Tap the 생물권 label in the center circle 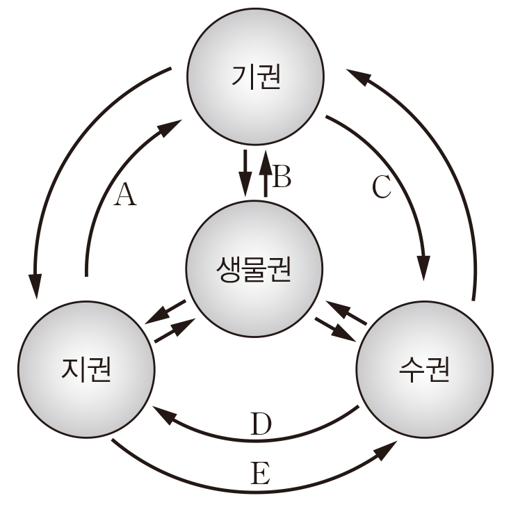click(254, 268)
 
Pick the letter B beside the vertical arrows click(281, 178)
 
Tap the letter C click(382, 188)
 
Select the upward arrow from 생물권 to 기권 click(265, 174)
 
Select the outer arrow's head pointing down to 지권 click(35, 285)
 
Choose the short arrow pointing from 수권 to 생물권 click(346, 312)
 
